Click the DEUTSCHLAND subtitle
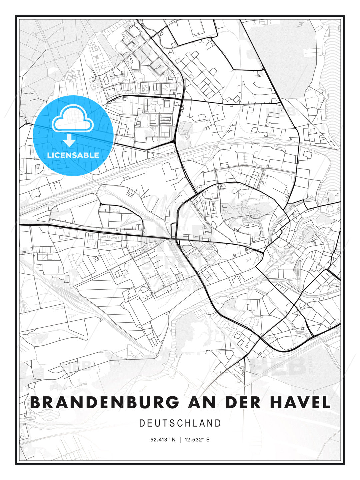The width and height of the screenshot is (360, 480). [x=180, y=423]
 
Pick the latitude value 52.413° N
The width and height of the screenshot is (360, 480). [x=163, y=440]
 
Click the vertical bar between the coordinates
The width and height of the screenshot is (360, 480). [x=180, y=440]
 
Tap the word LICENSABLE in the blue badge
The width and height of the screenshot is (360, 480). [x=73, y=155]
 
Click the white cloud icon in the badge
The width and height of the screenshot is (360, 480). [x=72, y=119]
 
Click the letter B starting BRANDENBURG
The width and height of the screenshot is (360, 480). [x=36, y=402]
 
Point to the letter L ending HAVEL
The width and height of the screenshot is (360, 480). [x=326, y=402]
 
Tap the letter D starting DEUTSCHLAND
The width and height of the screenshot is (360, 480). [x=142, y=423]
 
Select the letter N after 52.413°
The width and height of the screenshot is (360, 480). [x=173, y=440]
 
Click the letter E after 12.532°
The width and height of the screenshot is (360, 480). [x=208, y=440]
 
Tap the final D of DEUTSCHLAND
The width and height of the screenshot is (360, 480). [x=218, y=423]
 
